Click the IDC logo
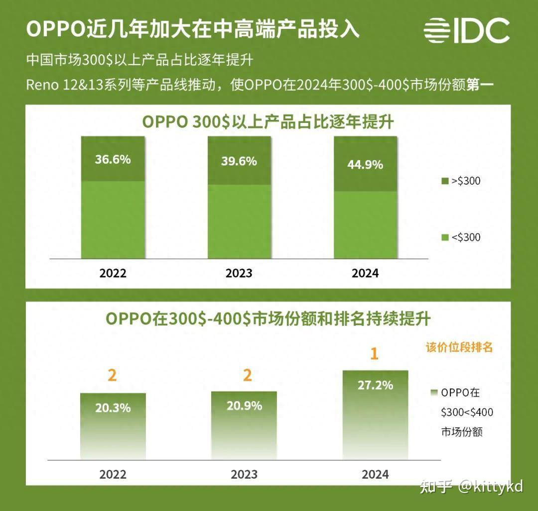467,30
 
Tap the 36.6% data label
113,159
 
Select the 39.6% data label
239,161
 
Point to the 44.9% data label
365,164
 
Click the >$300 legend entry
461,181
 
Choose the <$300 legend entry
461,237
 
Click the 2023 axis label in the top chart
239,273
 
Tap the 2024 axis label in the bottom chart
375,474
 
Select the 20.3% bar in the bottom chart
113,426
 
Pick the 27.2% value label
375,385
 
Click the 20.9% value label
244,406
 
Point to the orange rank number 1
375,354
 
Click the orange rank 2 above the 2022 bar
113,376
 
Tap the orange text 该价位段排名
459,347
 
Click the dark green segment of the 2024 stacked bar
365,164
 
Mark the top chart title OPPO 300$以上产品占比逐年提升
268,121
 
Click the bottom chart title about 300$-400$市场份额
268,318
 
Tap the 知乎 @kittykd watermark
471,486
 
